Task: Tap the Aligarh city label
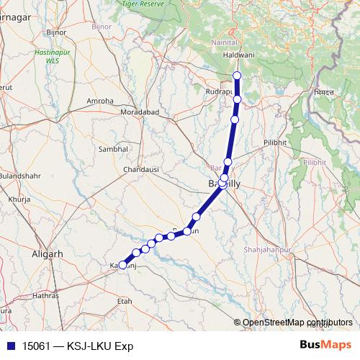pos(48,254)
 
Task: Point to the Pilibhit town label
pos(275,143)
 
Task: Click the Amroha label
pos(100,101)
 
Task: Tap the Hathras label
pos(45,295)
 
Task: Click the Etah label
pos(125,301)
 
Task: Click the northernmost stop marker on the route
pos(238,76)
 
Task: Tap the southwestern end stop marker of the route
pos(122,265)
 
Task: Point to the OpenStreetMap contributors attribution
pos(297,322)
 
